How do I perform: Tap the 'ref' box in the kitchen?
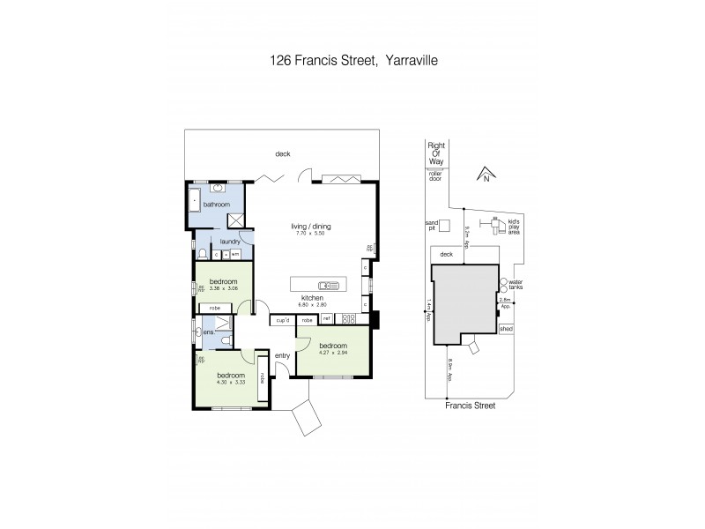point(326,318)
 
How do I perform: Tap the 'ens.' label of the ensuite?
point(209,332)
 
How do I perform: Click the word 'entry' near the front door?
point(282,355)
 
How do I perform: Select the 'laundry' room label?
point(231,240)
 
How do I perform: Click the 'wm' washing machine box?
point(235,254)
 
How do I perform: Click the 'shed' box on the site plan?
point(506,329)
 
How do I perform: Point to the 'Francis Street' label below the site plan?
point(470,406)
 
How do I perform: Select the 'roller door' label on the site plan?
point(435,175)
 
